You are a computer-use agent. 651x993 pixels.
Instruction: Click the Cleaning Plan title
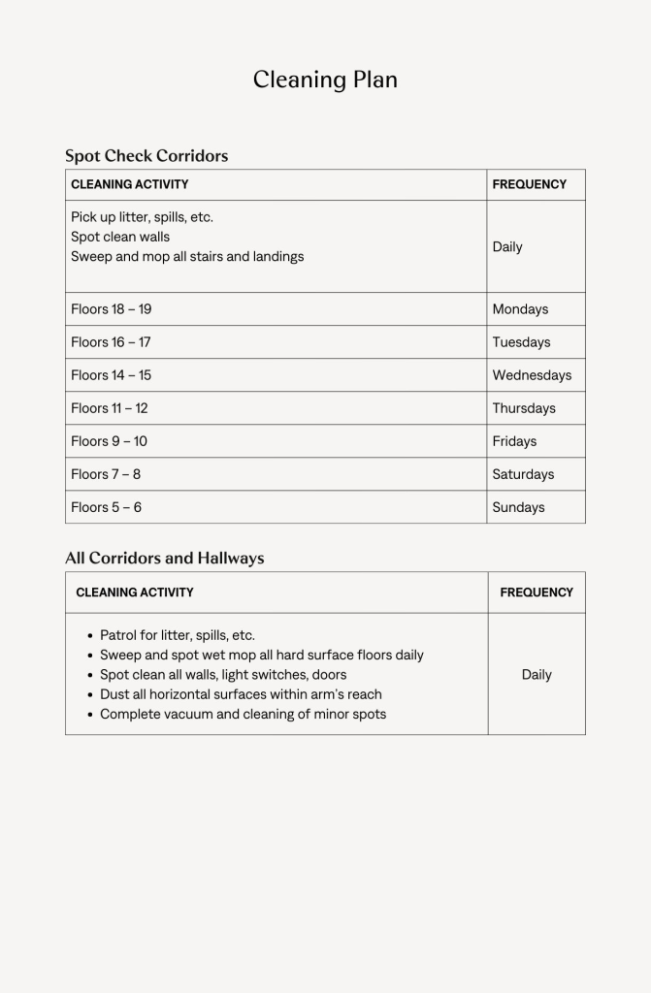[x=325, y=80]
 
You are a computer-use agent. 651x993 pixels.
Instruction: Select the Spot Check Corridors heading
[x=146, y=155]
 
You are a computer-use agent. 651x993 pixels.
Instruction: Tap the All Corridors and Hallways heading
[x=165, y=558]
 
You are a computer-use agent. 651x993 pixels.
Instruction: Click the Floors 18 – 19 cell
[x=112, y=309]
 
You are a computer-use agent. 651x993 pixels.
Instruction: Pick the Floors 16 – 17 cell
[x=111, y=342]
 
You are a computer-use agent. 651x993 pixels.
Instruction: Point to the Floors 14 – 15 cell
[x=111, y=375]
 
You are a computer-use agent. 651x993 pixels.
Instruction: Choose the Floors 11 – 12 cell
[x=110, y=408]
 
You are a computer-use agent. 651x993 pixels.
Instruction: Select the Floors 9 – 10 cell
[x=110, y=441]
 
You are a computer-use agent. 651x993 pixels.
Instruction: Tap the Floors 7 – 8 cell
[x=106, y=474]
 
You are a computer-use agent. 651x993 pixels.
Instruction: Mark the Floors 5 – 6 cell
[x=107, y=507]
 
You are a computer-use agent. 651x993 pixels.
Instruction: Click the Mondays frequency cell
[x=520, y=309]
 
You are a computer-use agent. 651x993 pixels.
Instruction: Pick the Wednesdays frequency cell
[x=532, y=375]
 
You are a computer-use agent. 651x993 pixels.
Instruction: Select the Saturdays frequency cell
[x=523, y=474]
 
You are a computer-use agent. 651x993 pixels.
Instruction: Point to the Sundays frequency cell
[x=518, y=507]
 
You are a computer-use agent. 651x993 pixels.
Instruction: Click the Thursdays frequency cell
[x=524, y=408]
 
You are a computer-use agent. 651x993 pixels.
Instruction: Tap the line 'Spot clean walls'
[x=120, y=237]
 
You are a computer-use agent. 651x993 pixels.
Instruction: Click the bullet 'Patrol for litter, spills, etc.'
[x=178, y=635]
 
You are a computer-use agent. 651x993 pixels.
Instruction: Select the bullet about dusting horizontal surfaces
[x=241, y=694]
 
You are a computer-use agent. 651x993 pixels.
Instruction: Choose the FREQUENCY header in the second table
[x=537, y=592]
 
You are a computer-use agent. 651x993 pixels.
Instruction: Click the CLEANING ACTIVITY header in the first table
[x=130, y=184]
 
